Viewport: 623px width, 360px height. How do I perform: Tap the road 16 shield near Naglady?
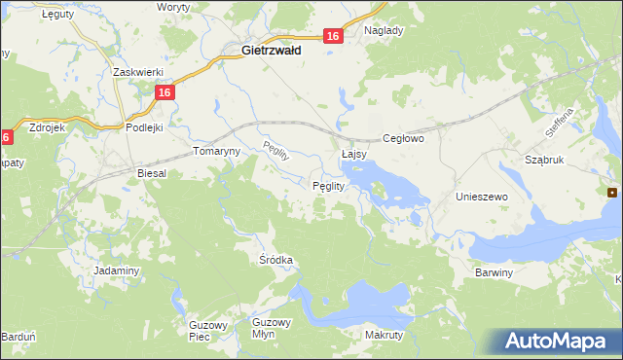(x=333, y=36)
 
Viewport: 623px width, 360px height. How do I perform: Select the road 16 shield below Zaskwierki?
(x=165, y=92)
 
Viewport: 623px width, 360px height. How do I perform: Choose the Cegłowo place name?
(x=405, y=139)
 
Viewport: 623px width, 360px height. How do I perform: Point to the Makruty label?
(x=384, y=335)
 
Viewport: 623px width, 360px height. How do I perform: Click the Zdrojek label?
(x=48, y=126)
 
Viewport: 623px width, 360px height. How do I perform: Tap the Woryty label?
(x=173, y=7)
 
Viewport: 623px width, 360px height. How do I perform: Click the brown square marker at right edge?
(x=612, y=193)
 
